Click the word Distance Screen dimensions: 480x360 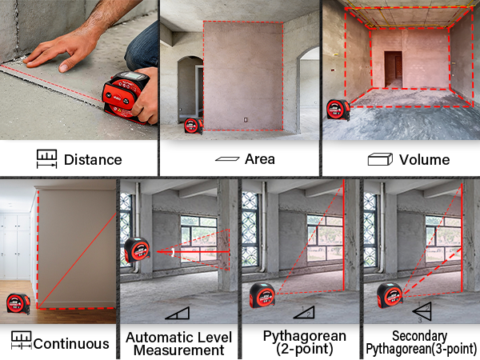(93, 160)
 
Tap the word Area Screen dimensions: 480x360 (259, 159)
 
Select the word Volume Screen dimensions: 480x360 (424, 160)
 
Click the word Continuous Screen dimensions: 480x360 (71, 344)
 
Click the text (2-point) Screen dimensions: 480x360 (304, 349)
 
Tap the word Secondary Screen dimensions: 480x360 (419, 336)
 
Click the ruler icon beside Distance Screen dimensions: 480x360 (47, 159)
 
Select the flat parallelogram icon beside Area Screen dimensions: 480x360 (227, 159)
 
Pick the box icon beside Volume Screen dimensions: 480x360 (380, 159)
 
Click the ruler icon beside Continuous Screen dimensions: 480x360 (22, 340)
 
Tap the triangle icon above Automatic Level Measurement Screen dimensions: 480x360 (178, 313)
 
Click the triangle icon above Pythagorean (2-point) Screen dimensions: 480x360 (304, 312)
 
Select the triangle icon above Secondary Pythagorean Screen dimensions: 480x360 (422, 311)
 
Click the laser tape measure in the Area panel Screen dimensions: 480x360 (194, 126)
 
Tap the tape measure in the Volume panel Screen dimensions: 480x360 (338, 110)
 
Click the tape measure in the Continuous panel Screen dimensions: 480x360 (18, 304)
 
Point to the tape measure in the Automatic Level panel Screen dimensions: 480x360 (137, 250)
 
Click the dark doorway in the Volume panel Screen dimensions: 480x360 (394, 69)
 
